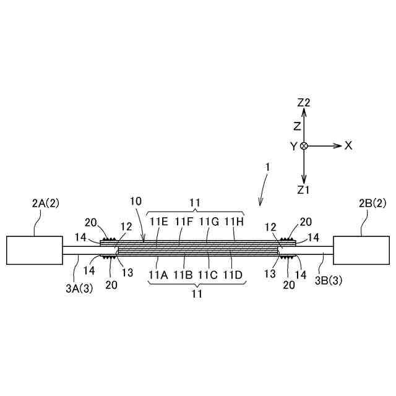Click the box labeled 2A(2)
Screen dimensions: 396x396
pos(34,249)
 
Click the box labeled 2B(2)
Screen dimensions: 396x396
pos(361,249)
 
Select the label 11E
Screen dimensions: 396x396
pos(158,221)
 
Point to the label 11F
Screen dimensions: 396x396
pos(184,221)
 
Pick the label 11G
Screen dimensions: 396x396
pos(209,221)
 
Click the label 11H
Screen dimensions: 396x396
pos(234,221)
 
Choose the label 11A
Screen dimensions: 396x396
pos(158,275)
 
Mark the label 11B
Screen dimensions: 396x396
pos(184,275)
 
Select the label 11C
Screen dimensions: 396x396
pos(209,275)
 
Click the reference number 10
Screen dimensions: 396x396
pos(136,201)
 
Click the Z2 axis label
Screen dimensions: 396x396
pos(303,103)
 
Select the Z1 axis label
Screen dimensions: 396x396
pos(303,189)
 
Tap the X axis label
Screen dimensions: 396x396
pos(348,145)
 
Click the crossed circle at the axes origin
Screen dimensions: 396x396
pos(303,146)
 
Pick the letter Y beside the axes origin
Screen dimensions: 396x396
pos(293,146)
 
